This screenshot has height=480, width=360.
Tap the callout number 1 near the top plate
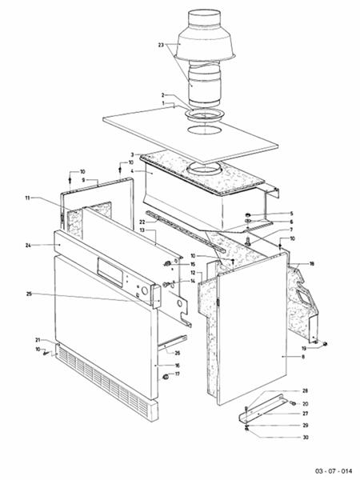[x=163, y=104]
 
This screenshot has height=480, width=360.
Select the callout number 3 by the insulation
[x=131, y=154]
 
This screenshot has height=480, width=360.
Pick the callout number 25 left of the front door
[x=29, y=294]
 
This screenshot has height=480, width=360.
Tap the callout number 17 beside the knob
[x=178, y=374]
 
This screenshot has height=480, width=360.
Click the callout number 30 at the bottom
[x=305, y=438]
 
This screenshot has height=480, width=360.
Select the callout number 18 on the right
[x=311, y=263]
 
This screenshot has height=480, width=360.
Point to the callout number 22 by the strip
[x=142, y=222]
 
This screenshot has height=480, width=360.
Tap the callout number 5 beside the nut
[x=291, y=214]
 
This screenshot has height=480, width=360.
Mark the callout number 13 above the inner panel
[x=142, y=231]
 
